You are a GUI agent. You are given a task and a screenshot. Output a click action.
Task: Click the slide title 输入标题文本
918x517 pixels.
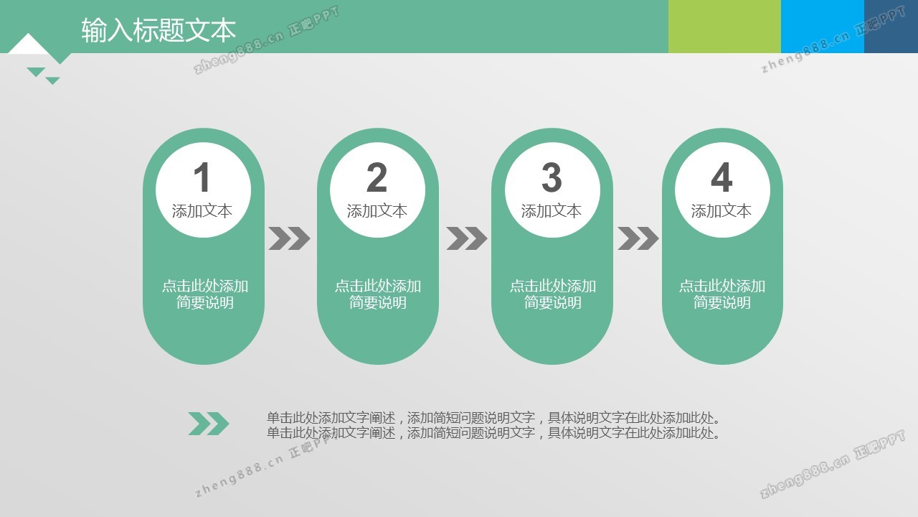tap(158, 30)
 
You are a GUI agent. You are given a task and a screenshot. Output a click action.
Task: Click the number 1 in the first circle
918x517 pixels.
tap(202, 177)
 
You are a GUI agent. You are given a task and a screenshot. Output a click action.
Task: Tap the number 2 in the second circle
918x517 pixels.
tap(377, 177)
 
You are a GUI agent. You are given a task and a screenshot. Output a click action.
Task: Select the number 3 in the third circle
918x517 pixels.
tap(552, 177)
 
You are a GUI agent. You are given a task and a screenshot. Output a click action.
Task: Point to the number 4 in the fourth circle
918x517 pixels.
tap(721, 177)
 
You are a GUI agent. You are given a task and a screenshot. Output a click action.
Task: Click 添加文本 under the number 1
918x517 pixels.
tap(202, 211)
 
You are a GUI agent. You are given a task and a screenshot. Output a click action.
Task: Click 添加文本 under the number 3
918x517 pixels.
tap(552, 211)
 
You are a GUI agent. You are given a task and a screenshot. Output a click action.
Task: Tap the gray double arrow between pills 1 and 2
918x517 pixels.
tap(289, 238)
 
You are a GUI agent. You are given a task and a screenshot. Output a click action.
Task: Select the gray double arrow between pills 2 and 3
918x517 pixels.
tap(466, 238)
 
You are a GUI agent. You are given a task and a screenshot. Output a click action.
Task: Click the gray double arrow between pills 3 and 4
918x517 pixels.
tap(638, 238)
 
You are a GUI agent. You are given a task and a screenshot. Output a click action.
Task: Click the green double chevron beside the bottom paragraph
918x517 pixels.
tap(209, 424)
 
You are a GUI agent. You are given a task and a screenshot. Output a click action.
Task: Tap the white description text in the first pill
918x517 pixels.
tap(205, 294)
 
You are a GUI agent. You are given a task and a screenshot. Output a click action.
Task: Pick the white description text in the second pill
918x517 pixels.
tap(378, 294)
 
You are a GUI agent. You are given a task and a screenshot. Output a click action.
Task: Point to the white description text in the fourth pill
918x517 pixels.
tap(722, 294)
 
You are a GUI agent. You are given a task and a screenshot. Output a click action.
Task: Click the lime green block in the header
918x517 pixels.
tap(724, 27)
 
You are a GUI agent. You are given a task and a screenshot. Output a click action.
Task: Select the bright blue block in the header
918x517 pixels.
tap(823, 27)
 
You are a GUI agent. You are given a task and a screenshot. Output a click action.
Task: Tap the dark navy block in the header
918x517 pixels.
tap(891, 27)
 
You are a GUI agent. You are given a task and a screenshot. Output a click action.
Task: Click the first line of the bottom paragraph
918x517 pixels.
tap(493, 418)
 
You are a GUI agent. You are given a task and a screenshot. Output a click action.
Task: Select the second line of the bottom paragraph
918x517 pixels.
tap(493, 433)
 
